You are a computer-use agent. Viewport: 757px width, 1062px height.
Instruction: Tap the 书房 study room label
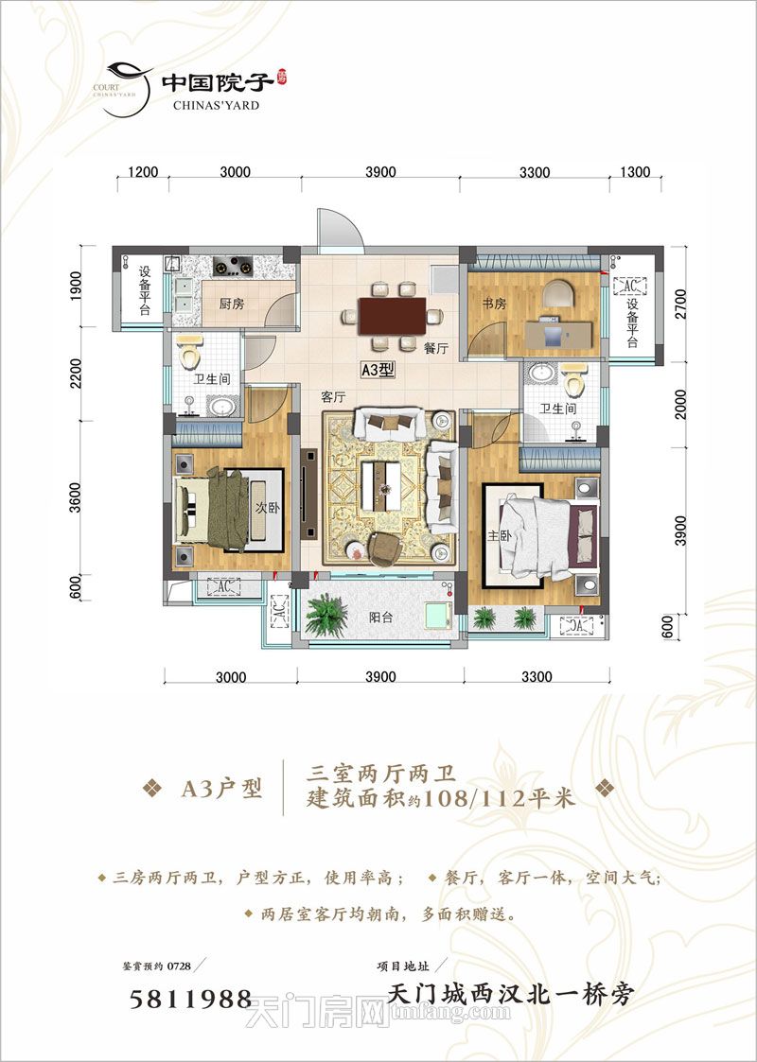point(493,304)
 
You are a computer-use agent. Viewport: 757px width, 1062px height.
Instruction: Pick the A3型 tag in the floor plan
point(378,372)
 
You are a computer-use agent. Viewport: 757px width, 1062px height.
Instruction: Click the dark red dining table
point(392,316)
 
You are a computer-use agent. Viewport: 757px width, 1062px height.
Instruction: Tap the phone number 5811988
point(190,999)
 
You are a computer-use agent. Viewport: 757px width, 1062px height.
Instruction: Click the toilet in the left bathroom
point(190,355)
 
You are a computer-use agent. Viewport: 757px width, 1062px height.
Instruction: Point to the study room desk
point(558,332)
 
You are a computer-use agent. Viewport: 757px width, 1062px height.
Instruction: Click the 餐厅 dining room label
point(435,348)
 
